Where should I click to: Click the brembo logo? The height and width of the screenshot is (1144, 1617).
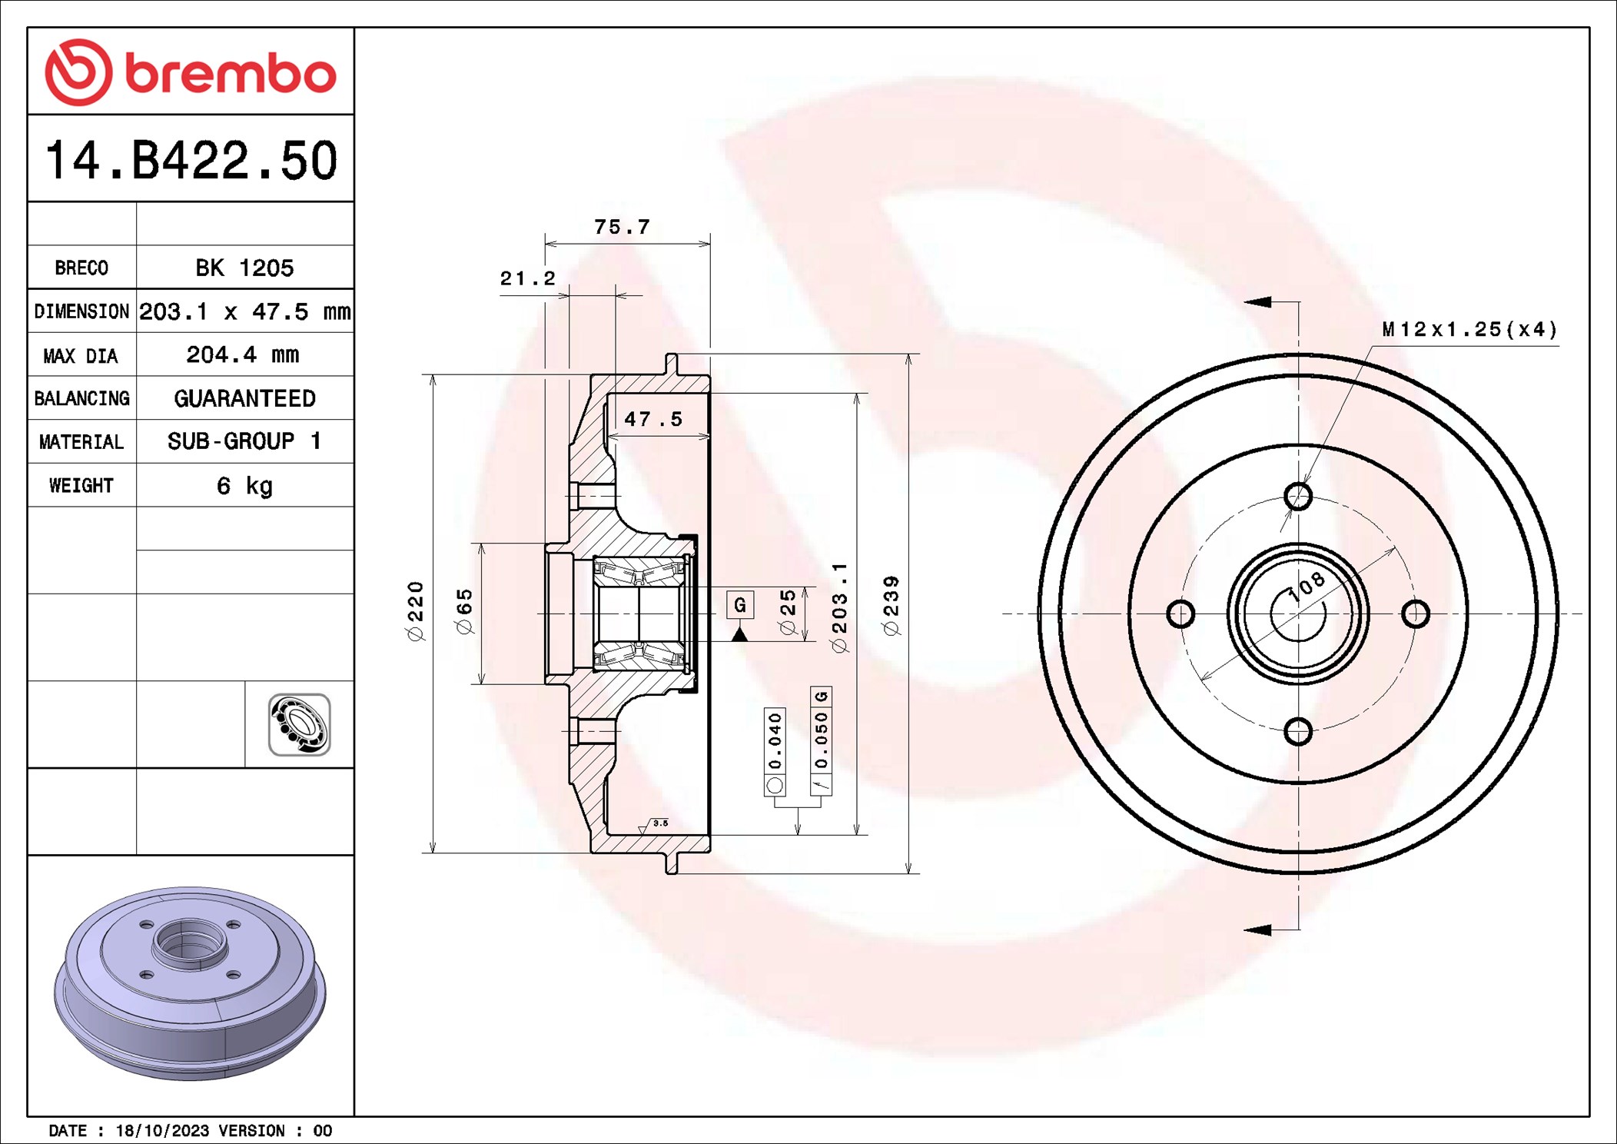(191, 72)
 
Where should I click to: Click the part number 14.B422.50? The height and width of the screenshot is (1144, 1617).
(191, 161)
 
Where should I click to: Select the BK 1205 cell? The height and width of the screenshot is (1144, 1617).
(244, 268)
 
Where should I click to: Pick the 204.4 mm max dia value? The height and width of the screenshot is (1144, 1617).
(243, 355)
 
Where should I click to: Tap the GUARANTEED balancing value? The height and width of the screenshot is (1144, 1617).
(244, 398)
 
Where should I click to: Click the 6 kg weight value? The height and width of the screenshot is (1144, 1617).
(244, 486)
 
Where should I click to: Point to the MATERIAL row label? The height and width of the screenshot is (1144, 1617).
(81, 442)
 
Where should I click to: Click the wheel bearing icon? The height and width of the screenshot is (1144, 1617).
(299, 725)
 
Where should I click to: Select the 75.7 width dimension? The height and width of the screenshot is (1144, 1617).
(622, 227)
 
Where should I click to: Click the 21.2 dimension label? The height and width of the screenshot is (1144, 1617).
(527, 278)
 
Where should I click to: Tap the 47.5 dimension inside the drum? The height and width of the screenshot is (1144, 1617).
(653, 419)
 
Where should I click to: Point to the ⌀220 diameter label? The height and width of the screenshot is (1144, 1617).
(415, 611)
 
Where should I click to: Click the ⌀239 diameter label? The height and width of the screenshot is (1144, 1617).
(892, 606)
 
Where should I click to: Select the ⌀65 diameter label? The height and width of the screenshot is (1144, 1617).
(465, 612)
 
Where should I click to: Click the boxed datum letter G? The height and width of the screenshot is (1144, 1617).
(739, 605)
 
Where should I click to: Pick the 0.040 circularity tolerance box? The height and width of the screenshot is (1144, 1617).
(775, 750)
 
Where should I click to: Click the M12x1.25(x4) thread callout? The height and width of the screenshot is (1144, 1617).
(1469, 330)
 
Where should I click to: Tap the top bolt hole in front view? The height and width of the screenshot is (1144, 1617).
(1298, 496)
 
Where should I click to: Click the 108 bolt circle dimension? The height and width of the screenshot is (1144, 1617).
(1308, 587)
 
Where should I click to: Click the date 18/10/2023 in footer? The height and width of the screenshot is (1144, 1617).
(162, 1131)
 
